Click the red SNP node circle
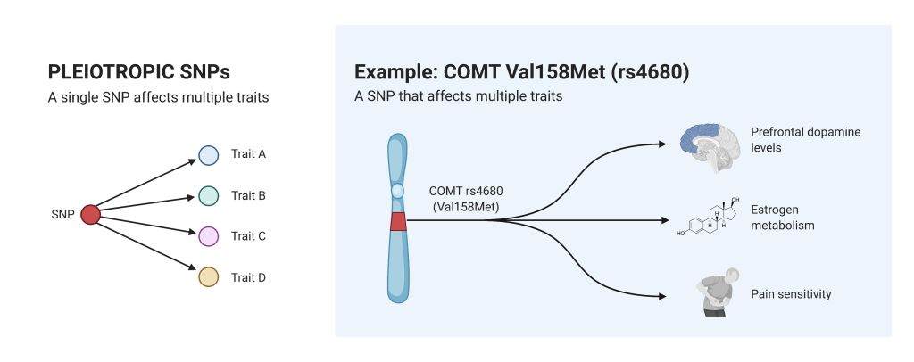(90, 215)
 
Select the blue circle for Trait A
(209, 155)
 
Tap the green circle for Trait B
(209, 196)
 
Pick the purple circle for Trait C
(209, 236)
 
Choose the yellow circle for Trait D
(209, 277)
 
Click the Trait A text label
(248, 154)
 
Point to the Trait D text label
(248, 277)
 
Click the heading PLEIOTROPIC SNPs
(138, 72)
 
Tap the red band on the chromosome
(398, 222)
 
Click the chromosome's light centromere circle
(397, 191)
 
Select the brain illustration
(710, 148)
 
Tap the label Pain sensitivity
(791, 294)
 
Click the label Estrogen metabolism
(782, 218)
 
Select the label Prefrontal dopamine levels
(806, 140)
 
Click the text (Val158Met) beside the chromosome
(466, 206)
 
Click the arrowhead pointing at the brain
(661, 144)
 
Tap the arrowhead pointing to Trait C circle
(193, 232)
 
